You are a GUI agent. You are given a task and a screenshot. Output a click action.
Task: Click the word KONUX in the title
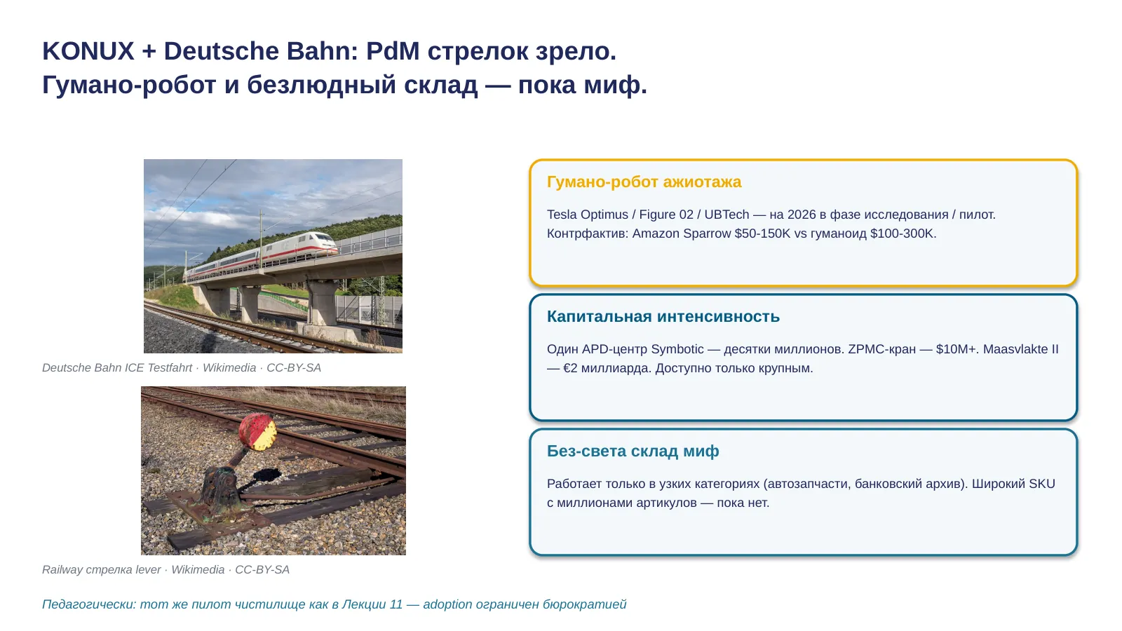pos(88,51)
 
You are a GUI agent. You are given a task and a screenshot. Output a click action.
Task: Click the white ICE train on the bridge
pos(260,255)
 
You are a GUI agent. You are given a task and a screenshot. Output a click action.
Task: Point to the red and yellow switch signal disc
pos(257,432)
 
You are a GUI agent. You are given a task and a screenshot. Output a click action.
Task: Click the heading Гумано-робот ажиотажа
pos(644,182)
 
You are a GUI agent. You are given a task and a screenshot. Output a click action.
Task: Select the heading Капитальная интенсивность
pos(663,316)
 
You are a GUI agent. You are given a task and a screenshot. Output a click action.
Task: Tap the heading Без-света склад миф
pos(633,452)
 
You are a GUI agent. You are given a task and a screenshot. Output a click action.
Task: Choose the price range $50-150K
pos(762,233)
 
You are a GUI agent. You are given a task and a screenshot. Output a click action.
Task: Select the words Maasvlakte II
pos(1021,349)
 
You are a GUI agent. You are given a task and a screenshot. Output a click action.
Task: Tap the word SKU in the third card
pos(1042,484)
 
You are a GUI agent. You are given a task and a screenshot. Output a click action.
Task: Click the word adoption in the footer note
pos(447,604)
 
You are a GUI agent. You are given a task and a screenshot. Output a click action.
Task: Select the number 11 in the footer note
pos(396,604)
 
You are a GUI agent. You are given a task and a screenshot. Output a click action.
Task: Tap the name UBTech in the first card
pos(726,215)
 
